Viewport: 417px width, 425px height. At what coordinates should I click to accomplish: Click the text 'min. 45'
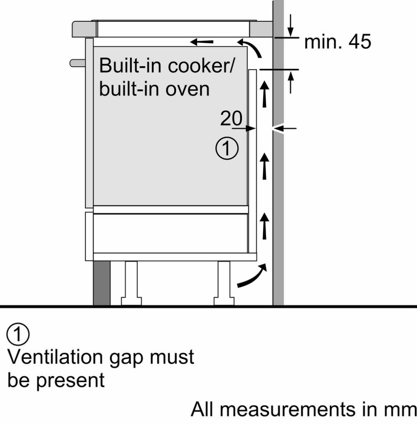pos(338,42)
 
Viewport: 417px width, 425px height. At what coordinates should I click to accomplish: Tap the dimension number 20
pos(231,119)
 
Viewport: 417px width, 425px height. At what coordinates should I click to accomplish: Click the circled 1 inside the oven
pos(227,149)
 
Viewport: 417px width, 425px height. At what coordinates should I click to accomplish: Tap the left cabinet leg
pos(131,283)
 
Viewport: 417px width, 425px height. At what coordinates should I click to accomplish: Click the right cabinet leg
pos(224,283)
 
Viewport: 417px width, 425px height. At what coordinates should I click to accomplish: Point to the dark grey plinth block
pos(102,283)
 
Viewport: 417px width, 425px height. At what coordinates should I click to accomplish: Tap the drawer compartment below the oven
pos(170,233)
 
